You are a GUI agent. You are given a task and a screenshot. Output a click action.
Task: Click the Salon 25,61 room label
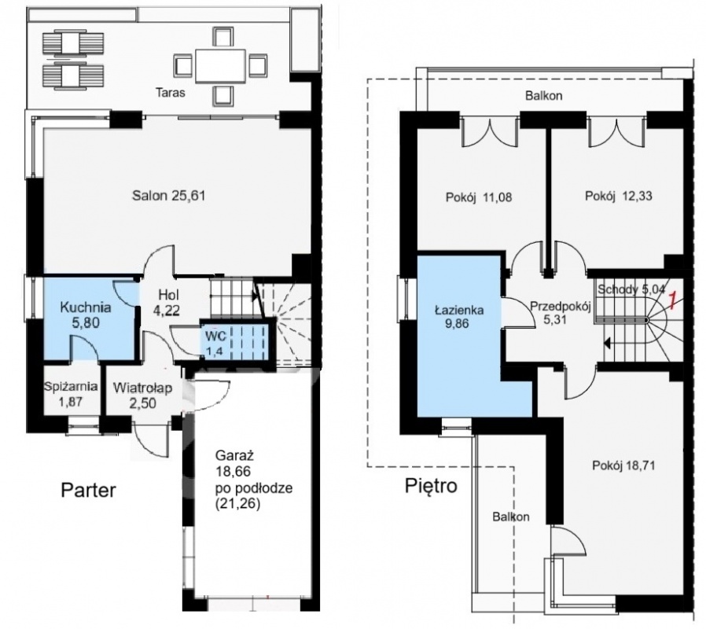tap(169, 196)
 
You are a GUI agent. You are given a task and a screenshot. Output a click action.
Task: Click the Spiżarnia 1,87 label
tap(71, 394)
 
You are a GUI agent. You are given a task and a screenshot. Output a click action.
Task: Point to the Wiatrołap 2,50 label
tap(142, 395)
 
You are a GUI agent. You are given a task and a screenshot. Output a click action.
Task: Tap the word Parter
tap(89, 490)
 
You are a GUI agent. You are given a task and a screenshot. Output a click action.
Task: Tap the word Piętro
tap(431, 486)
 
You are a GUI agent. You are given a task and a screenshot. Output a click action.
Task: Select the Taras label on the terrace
tap(170, 93)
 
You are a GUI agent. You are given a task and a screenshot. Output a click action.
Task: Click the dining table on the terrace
tap(220, 66)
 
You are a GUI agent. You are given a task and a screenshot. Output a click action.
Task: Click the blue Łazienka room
tap(459, 333)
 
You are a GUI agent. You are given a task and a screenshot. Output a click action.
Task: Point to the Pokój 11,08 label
tap(479, 197)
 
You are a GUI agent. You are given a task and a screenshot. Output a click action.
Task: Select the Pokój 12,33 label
tap(618, 196)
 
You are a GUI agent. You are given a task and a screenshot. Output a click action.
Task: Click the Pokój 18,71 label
tap(623, 465)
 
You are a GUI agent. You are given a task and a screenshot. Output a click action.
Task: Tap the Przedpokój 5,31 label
tap(560, 313)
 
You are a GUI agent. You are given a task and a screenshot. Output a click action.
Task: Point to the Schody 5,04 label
tap(631, 289)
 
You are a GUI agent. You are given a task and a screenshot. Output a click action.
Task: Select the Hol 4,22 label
tap(169, 303)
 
